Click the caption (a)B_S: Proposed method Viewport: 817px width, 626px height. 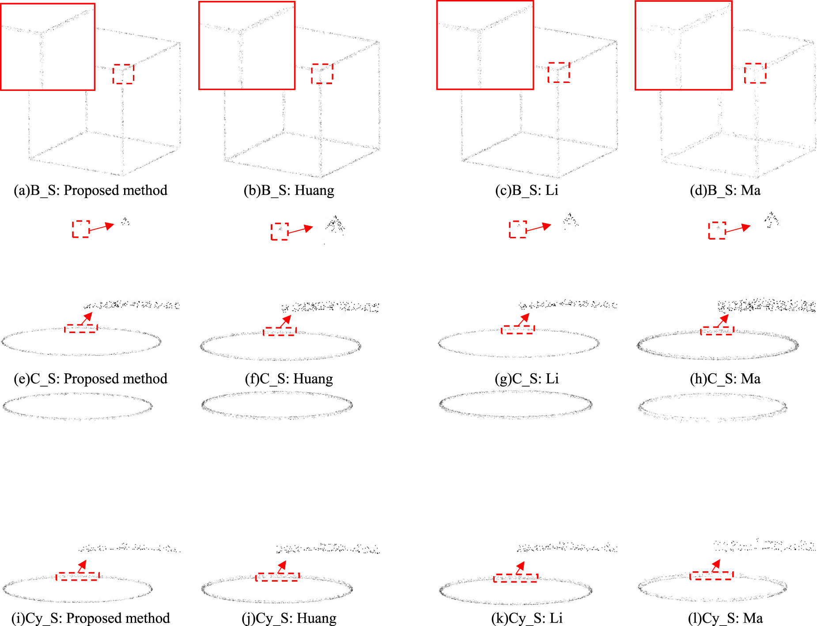tap(91, 191)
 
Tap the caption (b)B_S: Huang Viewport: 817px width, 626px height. tap(289, 191)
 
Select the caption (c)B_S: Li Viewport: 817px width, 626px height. tap(526, 191)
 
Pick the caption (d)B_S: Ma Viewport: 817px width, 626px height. tap(725, 191)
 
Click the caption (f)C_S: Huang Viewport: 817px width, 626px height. tap(289, 379)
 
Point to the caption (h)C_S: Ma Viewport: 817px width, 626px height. tap(725, 379)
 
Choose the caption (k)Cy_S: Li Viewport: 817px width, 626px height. tap(526, 619)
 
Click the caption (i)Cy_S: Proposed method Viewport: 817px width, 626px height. tap(91, 619)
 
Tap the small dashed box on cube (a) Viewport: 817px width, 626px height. tap(123, 74)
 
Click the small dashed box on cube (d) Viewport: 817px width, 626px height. tap(755, 73)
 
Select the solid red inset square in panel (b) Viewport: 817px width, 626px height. tap(247, 45)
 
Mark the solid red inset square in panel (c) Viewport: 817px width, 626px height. tap(485, 45)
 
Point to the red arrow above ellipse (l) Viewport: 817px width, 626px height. tap(715, 566)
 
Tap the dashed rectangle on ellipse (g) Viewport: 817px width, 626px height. tap(518, 330)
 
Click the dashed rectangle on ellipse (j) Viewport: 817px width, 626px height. tap(277, 577)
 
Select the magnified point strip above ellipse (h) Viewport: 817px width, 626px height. tap(766, 305)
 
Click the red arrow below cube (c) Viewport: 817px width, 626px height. tap(538, 228)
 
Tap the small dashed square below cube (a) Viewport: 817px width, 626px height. tap(81, 229)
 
